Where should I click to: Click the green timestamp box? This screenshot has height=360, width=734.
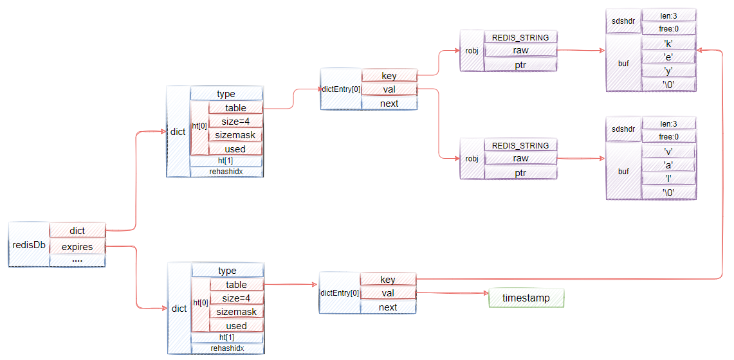pyautogui.click(x=526, y=298)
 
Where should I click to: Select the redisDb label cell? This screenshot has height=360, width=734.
pyautogui.click(x=28, y=245)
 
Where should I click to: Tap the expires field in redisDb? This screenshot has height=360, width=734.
pyautogui.click(x=77, y=247)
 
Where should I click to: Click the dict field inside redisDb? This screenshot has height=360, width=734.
pyautogui.click(x=77, y=231)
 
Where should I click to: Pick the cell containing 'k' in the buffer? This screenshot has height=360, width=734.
pyautogui.click(x=668, y=44)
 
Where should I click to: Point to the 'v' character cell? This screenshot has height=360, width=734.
pyautogui.click(x=668, y=152)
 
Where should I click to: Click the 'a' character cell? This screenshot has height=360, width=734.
pyautogui.click(x=668, y=165)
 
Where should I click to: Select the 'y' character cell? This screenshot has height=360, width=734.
pyautogui.click(x=668, y=71)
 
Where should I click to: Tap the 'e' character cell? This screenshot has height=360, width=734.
pyautogui.click(x=668, y=57)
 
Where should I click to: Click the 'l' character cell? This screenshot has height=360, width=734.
pyautogui.click(x=668, y=179)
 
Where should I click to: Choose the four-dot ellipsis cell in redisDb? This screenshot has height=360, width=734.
pyautogui.click(x=77, y=260)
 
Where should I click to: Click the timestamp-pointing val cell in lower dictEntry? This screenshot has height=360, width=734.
pyautogui.click(x=388, y=293)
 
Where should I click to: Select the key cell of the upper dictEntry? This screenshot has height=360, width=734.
pyautogui.click(x=389, y=76)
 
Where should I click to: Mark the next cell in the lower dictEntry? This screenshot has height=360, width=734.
pyautogui.click(x=388, y=307)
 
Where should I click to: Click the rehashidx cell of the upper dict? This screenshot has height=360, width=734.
pyautogui.click(x=226, y=172)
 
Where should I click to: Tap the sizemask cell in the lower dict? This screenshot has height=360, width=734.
pyautogui.click(x=236, y=312)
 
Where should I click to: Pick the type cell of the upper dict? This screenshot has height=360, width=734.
pyautogui.click(x=226, y=94)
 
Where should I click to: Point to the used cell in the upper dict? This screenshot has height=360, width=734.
pyautogui.click(x=235, y=149)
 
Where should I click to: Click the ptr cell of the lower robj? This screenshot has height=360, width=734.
pyautogui.click(x=520, y=172)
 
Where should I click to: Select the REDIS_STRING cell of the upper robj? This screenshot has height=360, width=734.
pyautogui.click(x=520, y=37)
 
